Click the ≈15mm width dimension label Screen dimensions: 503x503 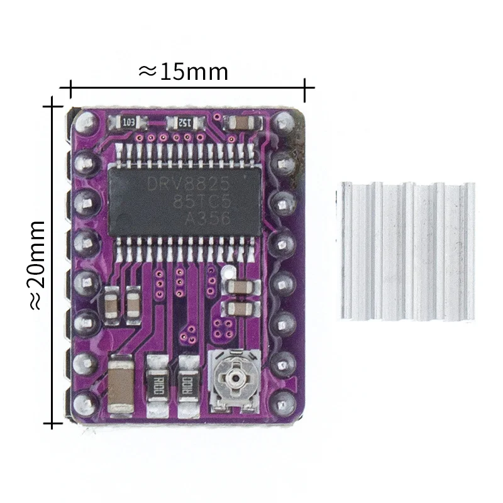click(x=182, y=72)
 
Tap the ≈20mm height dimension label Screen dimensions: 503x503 click(x=36, y=264)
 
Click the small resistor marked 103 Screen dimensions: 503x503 click(x=131, y=122)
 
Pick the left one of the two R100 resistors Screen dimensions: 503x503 click(x=157, y=381)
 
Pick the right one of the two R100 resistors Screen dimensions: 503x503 click(x=188, y=381)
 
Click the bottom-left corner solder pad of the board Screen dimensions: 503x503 click(x=82, y=402)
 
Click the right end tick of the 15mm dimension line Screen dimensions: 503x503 click(x=305, y=90)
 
